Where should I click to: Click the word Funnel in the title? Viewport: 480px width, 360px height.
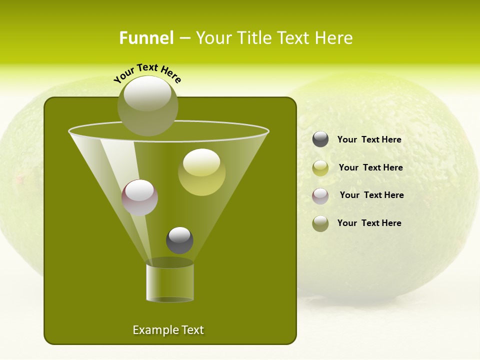[146, 38]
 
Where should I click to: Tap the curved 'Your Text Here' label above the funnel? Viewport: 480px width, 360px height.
[147, 73]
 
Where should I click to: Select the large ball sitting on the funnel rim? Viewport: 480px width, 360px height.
[148, 106]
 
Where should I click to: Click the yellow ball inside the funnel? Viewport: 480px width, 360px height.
[202, 172]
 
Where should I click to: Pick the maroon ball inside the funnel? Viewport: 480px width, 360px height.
[140, 197]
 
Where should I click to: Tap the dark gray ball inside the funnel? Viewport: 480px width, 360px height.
[179, 240]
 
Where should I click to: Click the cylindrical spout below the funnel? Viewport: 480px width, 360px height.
[170, 283]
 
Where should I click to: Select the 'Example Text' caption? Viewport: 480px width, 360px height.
[168, 330]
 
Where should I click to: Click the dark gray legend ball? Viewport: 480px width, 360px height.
[320, 139]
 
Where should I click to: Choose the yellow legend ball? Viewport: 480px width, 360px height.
[320, 167]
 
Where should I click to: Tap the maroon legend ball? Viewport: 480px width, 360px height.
[320, 195]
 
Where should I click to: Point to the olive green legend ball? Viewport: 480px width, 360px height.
[320, 223]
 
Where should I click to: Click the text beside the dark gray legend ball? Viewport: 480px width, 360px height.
[369, 140]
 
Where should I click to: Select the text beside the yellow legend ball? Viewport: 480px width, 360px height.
[370, 168]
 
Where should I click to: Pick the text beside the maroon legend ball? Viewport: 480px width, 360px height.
[371, 195]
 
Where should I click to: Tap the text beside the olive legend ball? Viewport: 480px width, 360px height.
[369, 223]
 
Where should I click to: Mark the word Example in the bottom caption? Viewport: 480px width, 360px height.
[154, 330]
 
